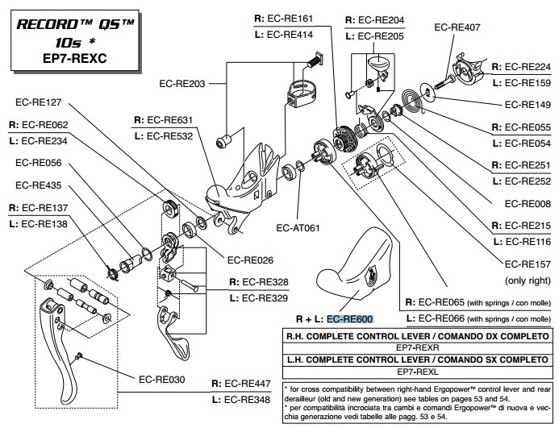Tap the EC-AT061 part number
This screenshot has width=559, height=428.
click(298, 227)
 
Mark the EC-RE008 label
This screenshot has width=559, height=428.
click(527, 204)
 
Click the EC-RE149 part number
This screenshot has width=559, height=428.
click(527, 104)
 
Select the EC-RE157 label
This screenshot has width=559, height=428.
click(527, 264)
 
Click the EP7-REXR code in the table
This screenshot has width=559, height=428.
click(417, 347)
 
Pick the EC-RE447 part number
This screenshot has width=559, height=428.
click(252, 384)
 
